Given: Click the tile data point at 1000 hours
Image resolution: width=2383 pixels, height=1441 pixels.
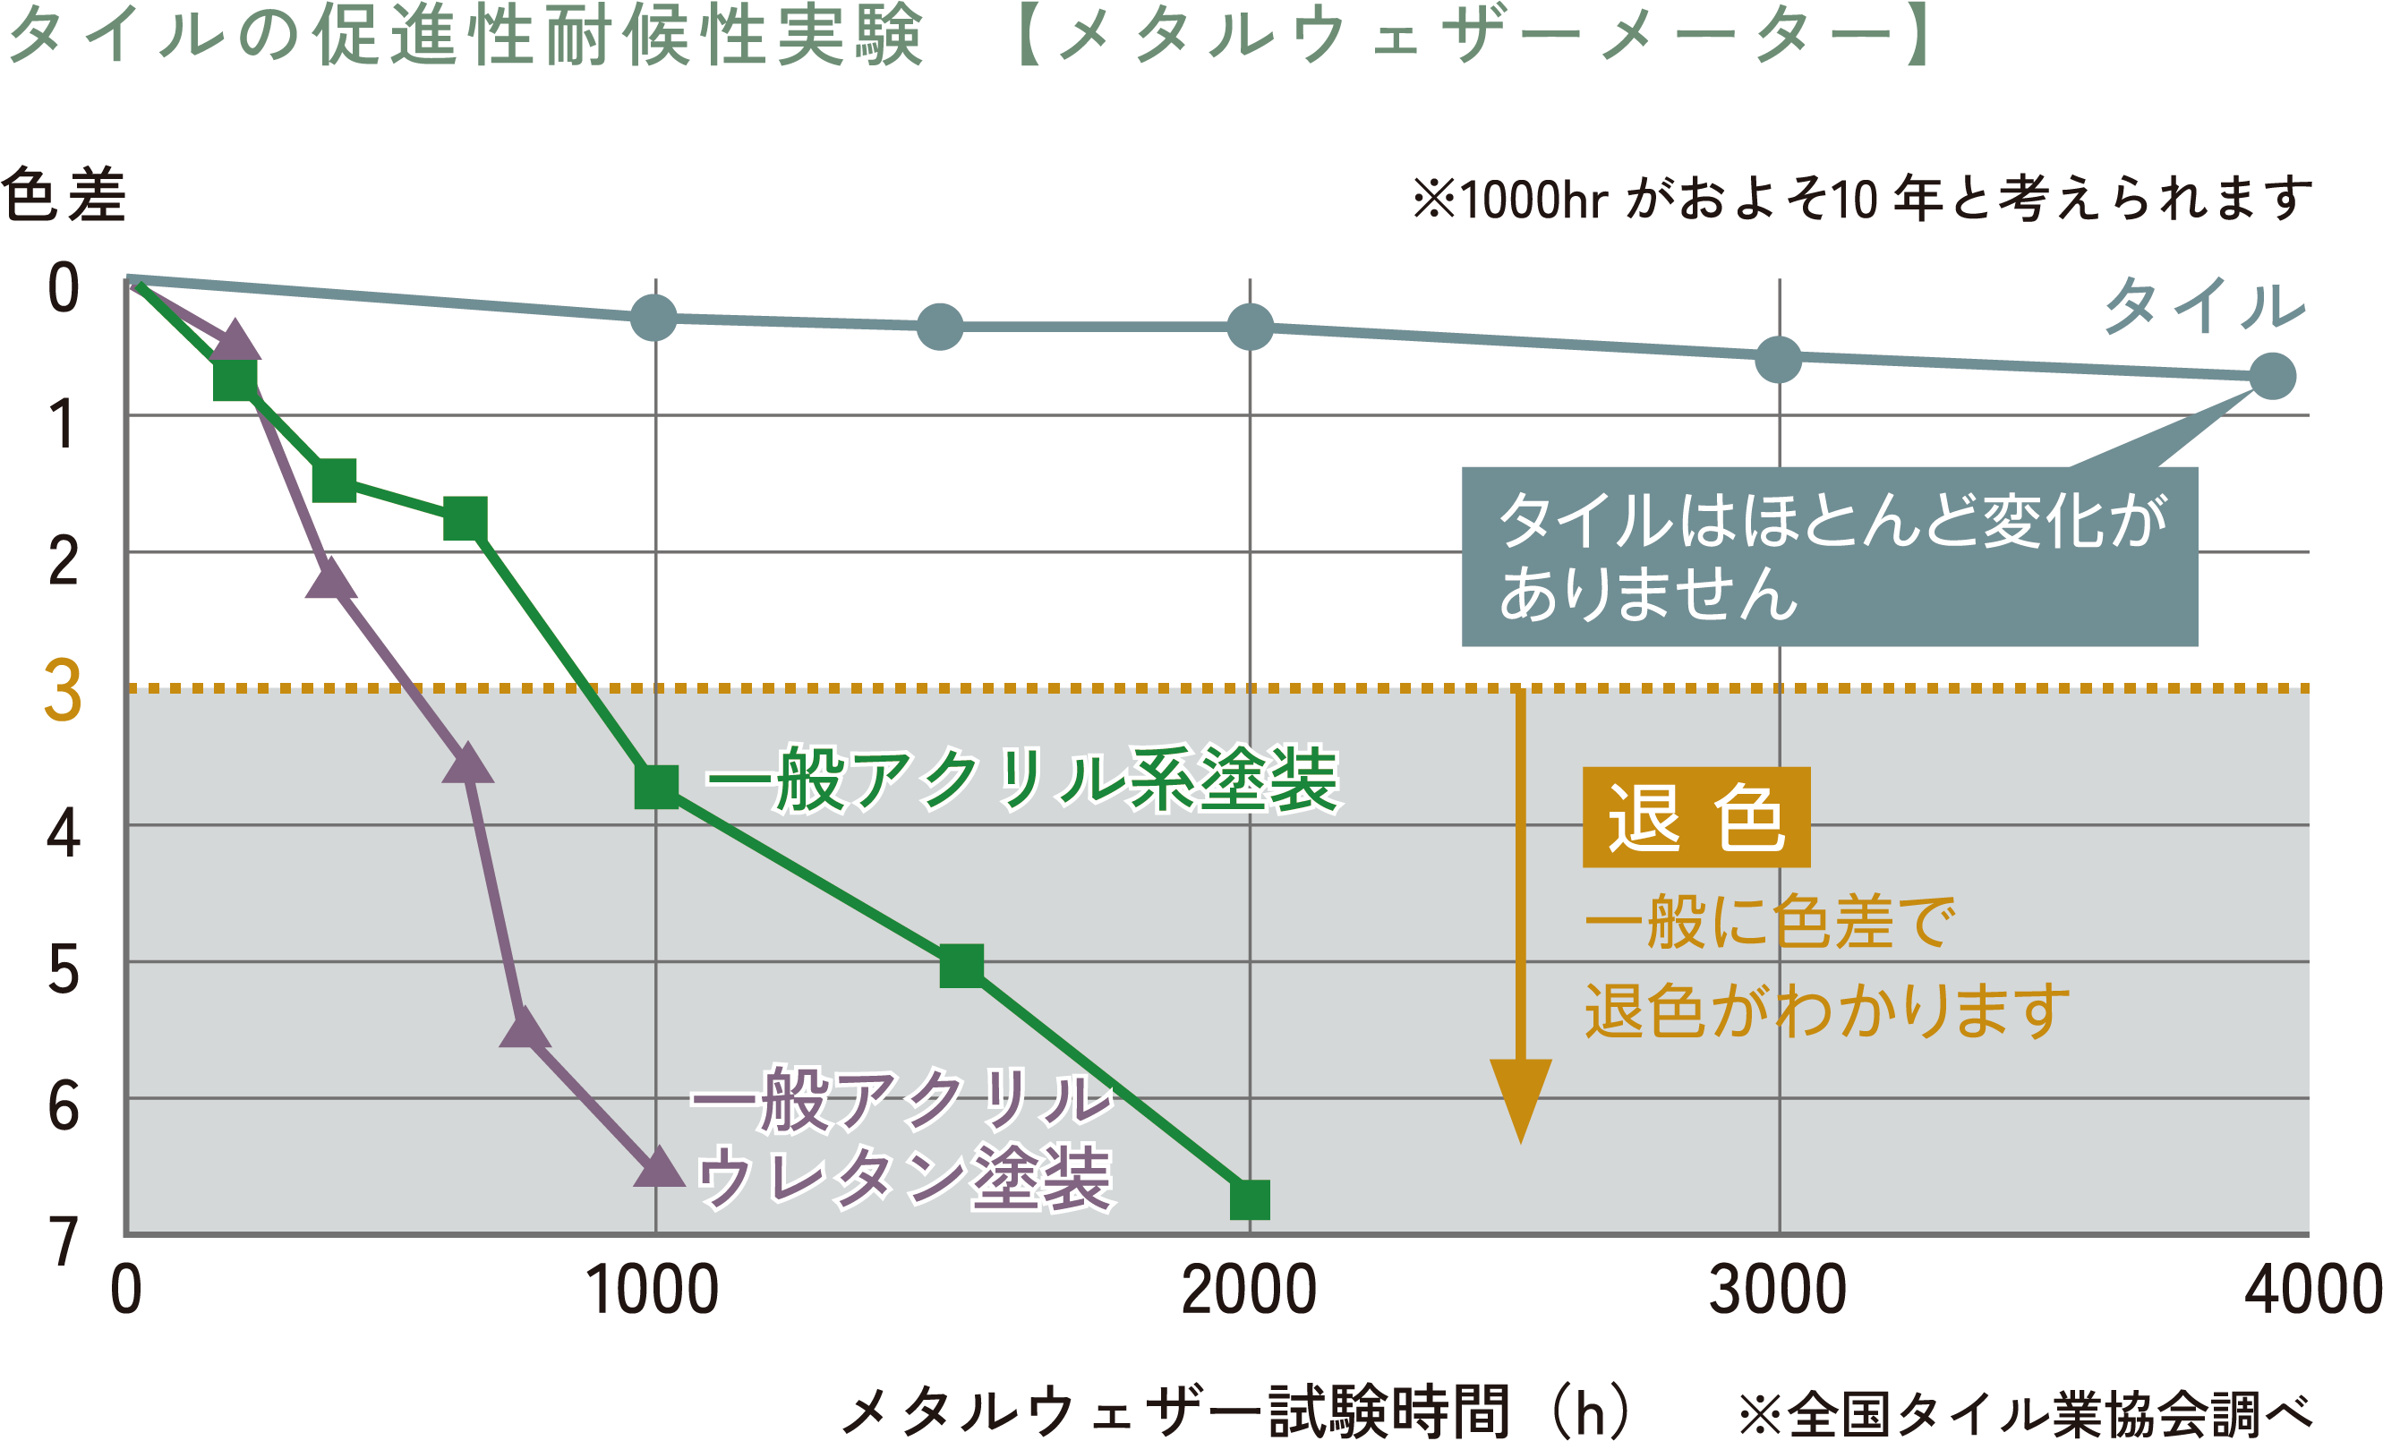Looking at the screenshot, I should pos(653,317).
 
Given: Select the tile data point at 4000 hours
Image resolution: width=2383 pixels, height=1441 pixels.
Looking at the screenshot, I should pos(2273,376).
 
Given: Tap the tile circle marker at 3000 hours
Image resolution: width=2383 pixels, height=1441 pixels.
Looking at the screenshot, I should pos(1778,360).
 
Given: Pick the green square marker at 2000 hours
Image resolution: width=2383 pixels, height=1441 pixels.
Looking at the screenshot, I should pos(1250,1200).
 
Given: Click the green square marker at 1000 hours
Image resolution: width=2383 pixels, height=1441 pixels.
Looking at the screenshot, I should pos(657,786).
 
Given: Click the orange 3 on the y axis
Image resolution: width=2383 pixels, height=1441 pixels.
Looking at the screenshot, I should pos(63,691).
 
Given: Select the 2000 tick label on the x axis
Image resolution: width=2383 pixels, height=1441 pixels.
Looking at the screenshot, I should pos(1249,1292).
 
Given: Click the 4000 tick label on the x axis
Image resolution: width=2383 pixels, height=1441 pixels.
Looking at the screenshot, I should pos(2311,1292).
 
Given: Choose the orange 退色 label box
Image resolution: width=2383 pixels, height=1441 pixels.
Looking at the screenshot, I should pos(1696,817).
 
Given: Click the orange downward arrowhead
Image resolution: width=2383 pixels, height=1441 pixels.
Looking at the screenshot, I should pos(1520,1097).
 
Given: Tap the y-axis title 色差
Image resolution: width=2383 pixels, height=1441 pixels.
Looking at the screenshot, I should pos(64,195).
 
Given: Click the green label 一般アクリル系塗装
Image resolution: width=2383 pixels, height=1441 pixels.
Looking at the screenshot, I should pos(1022,780).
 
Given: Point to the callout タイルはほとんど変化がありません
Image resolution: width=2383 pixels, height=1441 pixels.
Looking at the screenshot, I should pos(1829,556).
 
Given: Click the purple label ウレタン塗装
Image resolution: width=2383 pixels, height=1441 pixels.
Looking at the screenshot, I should pos(904,1178).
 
